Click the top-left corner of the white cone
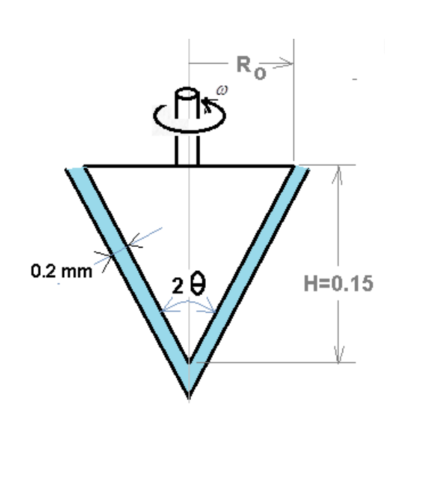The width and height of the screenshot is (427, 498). (x=85, y=167)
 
